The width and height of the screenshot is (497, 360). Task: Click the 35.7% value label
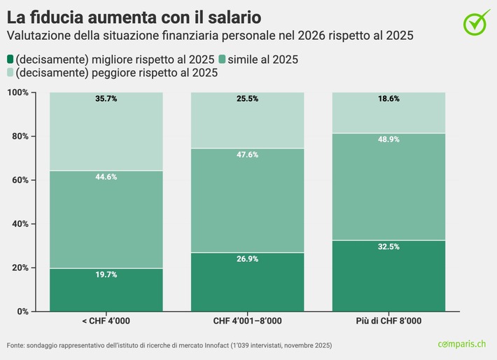pos(106,99)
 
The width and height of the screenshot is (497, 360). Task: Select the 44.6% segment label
pos(106,177)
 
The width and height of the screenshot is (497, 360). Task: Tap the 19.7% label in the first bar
pos(106,275)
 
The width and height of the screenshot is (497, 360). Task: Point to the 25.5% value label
pos(247,99)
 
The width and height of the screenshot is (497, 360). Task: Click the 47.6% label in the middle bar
pos(247,155)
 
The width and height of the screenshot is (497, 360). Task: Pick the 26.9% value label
pos(247,259)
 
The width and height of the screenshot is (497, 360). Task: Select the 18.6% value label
pos(388,99)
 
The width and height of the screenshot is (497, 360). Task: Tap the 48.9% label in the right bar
pos(388,139)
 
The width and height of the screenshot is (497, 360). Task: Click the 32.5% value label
pos(388,247)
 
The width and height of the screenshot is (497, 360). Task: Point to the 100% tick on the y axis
pos(17,92)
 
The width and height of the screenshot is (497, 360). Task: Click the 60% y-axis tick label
pos(20,180)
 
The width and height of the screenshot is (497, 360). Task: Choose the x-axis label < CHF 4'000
pos(106,321)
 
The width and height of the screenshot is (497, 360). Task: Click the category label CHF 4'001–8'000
pos(247,321)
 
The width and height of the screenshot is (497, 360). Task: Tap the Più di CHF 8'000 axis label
pos(388,321)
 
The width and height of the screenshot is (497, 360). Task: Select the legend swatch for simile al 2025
pos(222,60)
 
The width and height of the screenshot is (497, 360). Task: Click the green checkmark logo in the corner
pos(477,22)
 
